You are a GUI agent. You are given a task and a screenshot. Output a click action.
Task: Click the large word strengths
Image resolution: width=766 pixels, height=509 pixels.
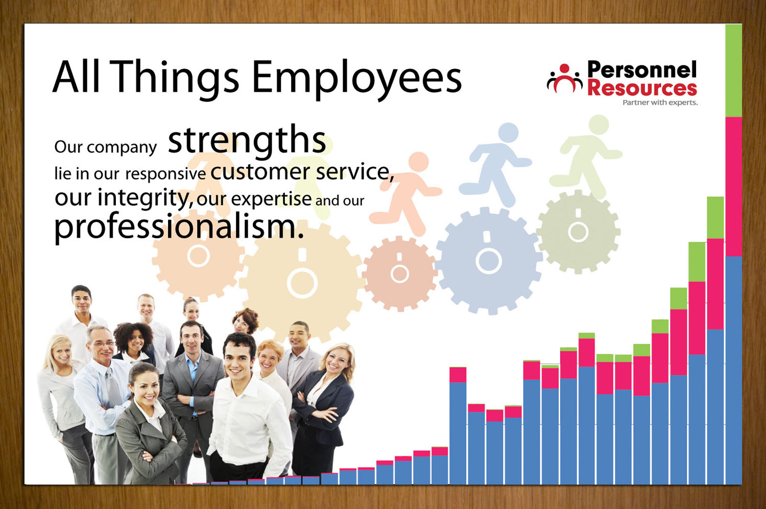click(x=247, y=141)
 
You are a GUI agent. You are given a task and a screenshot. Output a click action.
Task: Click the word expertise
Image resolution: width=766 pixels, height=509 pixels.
click(x=271, y=199)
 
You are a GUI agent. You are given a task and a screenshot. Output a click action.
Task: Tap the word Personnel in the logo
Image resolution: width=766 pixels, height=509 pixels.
click(x=642, y=70)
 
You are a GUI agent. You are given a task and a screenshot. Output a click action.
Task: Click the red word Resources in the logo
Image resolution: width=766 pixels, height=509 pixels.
click(x=642, y=88)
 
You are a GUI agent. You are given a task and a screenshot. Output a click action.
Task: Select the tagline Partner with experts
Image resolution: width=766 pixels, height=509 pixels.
click(x=660, y=103)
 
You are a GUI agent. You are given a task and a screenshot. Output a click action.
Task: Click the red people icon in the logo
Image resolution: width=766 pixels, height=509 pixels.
click(x=565, y=79)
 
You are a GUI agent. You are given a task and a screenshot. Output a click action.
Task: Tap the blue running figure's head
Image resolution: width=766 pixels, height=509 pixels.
click(x=508, y=133)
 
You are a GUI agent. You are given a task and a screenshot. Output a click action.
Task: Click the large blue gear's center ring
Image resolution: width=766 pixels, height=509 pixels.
click(x=488, y=261)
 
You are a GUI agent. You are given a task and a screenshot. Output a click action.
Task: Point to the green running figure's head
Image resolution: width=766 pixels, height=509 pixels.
click(x=599, y=124)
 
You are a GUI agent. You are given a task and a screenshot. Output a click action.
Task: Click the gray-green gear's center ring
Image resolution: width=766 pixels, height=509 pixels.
click(x=578, y=232)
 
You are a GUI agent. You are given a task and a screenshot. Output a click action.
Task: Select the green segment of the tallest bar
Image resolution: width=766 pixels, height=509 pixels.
click(x=733, y=70)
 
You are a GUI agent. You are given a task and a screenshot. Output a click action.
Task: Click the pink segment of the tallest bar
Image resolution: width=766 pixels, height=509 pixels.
click(x=733, y=187)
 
